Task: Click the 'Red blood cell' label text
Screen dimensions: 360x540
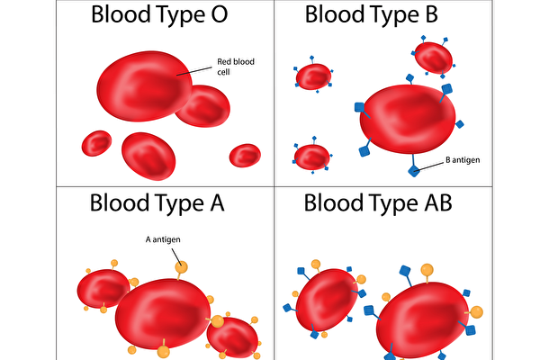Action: (230, 67)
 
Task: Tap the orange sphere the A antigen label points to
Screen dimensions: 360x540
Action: (182, 266)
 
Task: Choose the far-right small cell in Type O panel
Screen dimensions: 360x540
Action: (245, 155)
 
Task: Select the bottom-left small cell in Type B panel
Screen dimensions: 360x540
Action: (312, 157)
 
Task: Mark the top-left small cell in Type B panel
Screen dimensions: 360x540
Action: (313, 77)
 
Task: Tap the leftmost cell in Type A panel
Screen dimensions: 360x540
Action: (103, 288)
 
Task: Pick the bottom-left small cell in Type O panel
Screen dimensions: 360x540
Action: (96, 143)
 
